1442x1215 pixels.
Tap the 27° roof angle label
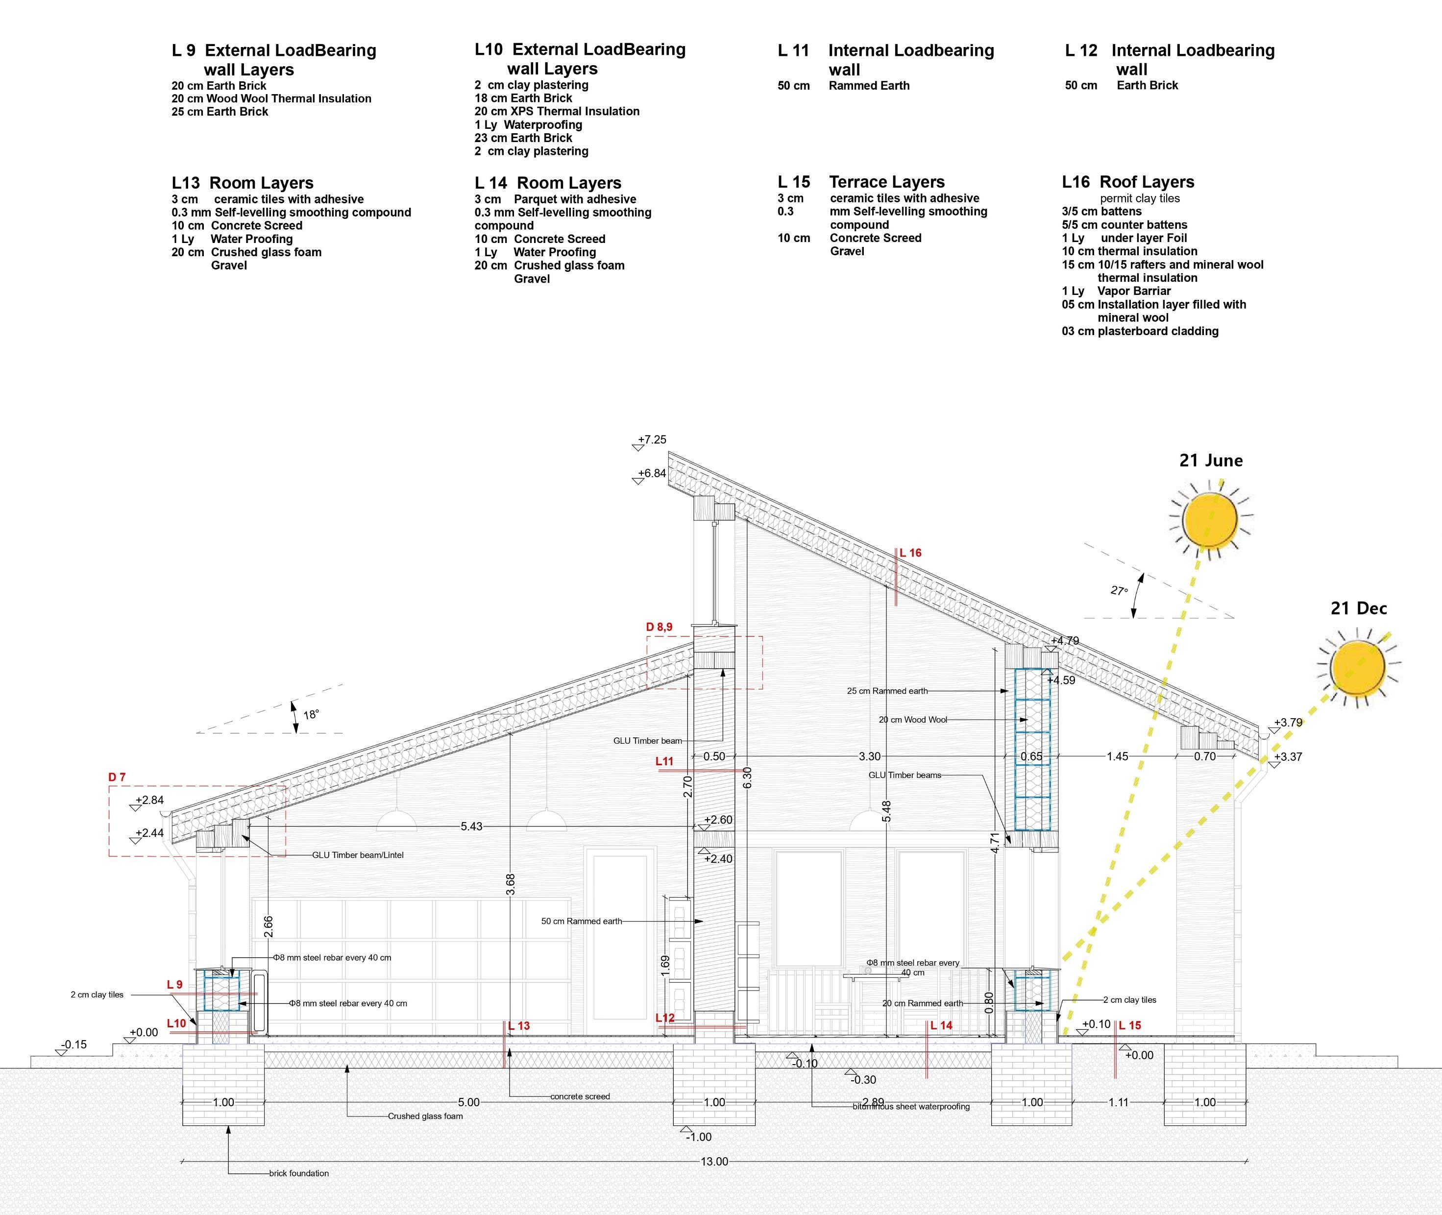(x=1119, y=590)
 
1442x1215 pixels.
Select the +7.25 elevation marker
(x=652, y=439)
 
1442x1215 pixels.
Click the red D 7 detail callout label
(x=117, y=777)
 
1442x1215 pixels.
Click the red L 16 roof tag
(x=910, y=553)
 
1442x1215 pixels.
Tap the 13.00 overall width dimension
(x=714, y=1161)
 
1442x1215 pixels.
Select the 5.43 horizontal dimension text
(x=471, y=826)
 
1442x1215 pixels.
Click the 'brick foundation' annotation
(x=298, y=1173)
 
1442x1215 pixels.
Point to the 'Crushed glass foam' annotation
(x=425, y=1116)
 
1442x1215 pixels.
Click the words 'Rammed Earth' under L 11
(x=869, y=85)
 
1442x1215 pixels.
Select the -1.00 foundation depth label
(x=699, y=1137)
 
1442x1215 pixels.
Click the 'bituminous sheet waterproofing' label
(x=911, y=1106)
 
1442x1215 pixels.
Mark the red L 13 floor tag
(x=519, y=1025)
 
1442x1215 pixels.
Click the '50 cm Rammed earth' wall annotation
(x=582, y=921)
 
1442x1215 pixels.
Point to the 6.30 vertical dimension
(x=748, y=778)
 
